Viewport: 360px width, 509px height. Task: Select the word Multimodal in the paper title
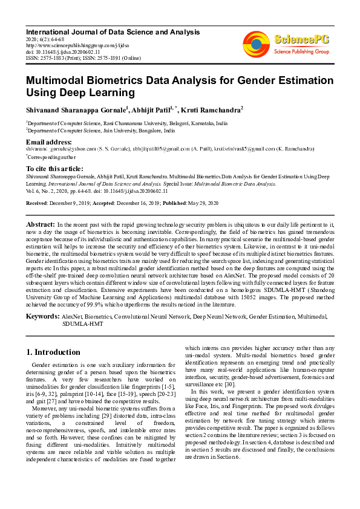click(55, 80)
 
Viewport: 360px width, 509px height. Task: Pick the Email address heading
click(49, 142)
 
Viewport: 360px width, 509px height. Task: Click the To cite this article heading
click(56, 168)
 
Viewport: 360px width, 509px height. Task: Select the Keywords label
click(42, 316)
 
